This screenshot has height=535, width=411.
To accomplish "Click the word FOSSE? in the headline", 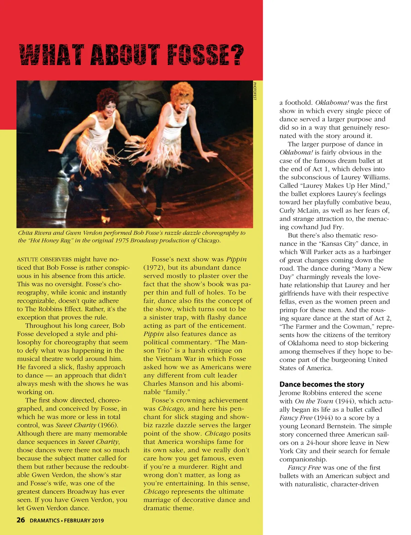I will click(205, 55).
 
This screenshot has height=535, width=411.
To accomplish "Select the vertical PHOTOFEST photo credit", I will click(255, 91).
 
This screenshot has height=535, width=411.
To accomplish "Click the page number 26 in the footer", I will click(21, 520).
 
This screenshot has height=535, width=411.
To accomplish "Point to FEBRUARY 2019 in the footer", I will click(84, 521).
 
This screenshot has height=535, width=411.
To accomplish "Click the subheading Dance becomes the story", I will click(322, 384).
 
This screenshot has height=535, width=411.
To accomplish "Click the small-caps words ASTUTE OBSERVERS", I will click(45, 260).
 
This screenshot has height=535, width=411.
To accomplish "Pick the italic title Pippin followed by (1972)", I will click(236, 259).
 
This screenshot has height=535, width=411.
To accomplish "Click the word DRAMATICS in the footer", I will click(45, 521).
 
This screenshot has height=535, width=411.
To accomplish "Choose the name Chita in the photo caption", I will click(25, 233).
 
